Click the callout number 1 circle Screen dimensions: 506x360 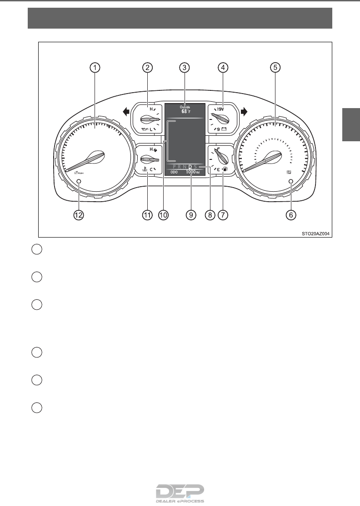click(x=95, y=68)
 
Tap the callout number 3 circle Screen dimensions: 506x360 click(x=184, y=68)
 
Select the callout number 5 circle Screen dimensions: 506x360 click(x=275, y=68)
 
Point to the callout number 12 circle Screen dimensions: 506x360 click(x=79, y=215)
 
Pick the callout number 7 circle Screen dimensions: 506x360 click(x=222, y=215)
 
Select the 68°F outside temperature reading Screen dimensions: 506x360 click(x=185, y=111)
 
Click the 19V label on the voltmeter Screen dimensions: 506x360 click(x=220, y=109)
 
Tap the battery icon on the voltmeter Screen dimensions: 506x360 click(x=224, y=129)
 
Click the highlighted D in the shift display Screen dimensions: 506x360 click(x=190, y=167)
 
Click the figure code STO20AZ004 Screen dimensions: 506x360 click(x=315, y=234)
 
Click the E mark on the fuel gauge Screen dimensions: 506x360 click(x=218, y=169)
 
